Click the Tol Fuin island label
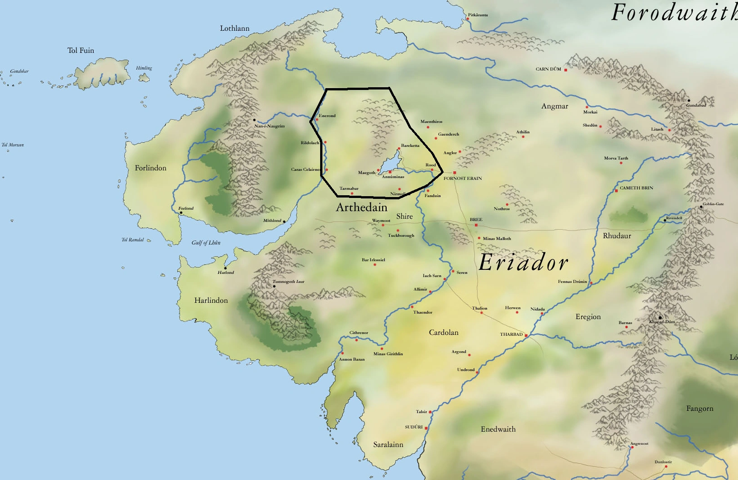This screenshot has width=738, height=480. (81, 51)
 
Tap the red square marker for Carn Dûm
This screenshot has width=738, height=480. (566, 70)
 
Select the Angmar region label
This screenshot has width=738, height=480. (554, 106)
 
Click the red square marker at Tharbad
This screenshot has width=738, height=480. (526, 335)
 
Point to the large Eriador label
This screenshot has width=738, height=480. (523, 263)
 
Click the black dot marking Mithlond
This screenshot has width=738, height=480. (284, 221)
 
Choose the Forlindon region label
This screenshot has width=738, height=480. (151, 168)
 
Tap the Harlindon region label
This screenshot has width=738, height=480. (211, 301)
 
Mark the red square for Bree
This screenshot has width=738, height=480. (476, 225)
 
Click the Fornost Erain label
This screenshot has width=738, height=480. (463, 179)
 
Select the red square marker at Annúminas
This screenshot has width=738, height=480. (390, 172)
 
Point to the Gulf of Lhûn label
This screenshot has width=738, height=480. (206, 243)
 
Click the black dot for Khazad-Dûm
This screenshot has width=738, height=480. (660, 317)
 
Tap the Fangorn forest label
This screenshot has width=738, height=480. (700, 409)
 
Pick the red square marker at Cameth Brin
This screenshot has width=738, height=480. (616, 191)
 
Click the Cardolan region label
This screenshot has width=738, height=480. (444, 333)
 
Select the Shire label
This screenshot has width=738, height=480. (404, 216)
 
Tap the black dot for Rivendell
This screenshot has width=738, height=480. (665, 220)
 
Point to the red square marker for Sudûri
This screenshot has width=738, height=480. (426, 428)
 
